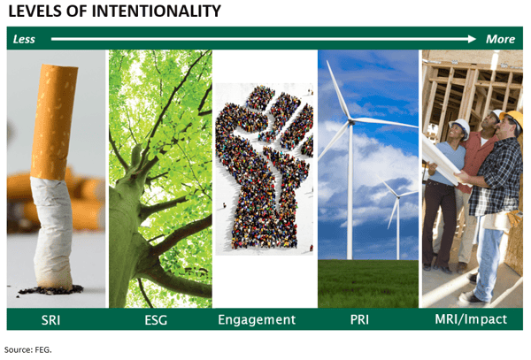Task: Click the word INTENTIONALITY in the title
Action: [x=156, y=11]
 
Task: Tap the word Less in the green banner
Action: [x=24, y=39]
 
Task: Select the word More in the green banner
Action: [x=501, y=39]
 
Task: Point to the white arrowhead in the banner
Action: [x=472, y=39]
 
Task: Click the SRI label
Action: [x=50, y=319]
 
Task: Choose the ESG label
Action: [x=156, y=319]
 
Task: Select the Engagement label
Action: [x=257, y=320]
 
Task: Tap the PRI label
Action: [x=359, y=319]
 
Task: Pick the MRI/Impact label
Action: [x=471, y=319]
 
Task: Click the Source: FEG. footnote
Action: [x=27, y=350]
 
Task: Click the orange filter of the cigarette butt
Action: [x=54, y=122]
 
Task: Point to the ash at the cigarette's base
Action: [x=50, y=290]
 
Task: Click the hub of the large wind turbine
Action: [x=350, y=121]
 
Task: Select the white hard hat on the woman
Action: [x=460, y=126]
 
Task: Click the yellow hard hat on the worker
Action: [x=512, y=119]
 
